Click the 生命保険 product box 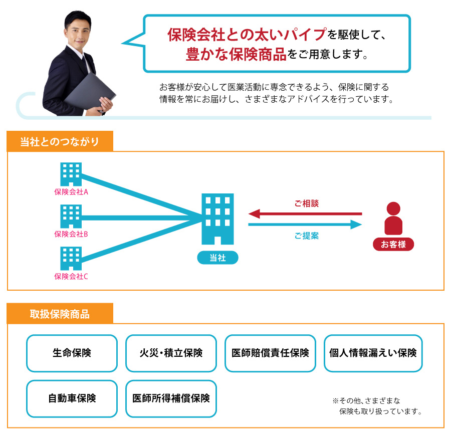tap(72, 353)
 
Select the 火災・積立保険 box tap(171, 353)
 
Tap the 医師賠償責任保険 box tap(271, 353)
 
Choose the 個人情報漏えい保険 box tap(373, 353)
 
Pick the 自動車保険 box tap(72, 398)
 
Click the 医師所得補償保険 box tap(171, 398)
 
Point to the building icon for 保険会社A tap(71, 174)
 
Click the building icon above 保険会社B tap(71, 216)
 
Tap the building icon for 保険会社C tap(71, 258)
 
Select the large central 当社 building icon tap(218, 219)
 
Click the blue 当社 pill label tap(218, 258)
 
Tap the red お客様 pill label tap(393, 244)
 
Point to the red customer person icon tap(393, 218)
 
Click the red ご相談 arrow tap(305, 214)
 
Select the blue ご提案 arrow tap(305, 225)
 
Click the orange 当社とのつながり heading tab tap(60, 141)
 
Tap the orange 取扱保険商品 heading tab tap(60, 313)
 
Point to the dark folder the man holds tap(90, 92)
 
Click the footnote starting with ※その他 tap(377, 406)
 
